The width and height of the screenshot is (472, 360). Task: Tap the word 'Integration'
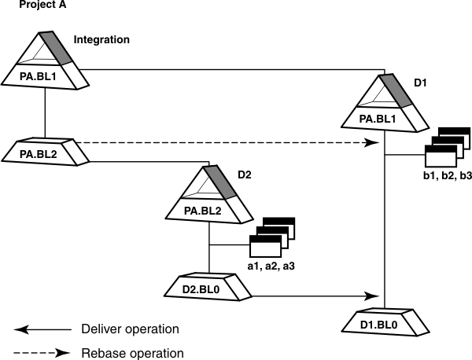pyautogui.click(x=101, y=39)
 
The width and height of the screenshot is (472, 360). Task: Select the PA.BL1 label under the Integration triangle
pyautogui.click(x=45, y=77)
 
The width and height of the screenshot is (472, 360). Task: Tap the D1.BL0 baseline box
pyautogui.click(x=385, y=323)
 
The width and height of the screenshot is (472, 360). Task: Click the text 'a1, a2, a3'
pyautogui.click(x=271, y=267)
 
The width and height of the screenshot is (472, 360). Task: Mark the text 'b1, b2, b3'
pyautogui.click(x=447, y=175)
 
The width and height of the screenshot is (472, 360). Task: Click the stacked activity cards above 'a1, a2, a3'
pyautogui.click(x=271, y=237)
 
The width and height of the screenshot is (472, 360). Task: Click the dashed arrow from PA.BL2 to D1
pyautogui.click(x=228, y=143)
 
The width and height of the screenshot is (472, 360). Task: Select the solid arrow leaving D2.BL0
pyautogui.click(x=315, y=296)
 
